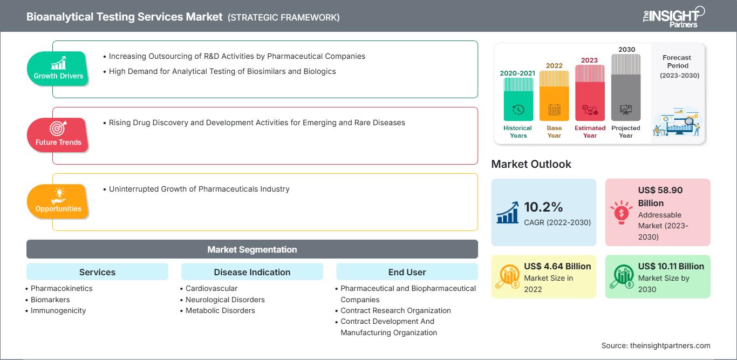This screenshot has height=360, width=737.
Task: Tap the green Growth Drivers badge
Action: [58, 69]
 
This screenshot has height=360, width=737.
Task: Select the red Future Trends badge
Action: [58, 135]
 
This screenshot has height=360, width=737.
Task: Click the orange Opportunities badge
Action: [58, 201]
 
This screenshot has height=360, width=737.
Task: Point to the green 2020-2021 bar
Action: [518, 99]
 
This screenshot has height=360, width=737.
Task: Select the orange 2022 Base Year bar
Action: [554, 96]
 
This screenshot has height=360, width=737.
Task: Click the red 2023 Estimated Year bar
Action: [590, 93]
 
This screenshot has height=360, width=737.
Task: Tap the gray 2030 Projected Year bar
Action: [626, 87]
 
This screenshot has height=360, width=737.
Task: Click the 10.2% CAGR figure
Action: [543, 207]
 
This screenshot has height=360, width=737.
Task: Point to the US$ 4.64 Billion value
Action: [557, 266]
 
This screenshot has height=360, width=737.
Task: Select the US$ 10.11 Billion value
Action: [671, 266]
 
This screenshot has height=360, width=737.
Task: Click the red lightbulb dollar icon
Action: [621, 212]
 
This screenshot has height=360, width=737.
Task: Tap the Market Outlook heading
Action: [531, 164]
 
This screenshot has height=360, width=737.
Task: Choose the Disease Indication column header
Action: [252, 272]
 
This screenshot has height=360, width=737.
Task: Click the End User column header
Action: [407, 272]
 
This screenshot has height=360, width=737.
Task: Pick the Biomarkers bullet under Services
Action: [50, 300]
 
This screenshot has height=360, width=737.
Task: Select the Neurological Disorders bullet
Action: [225, 300]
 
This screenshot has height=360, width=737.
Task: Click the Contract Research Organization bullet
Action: [395, 310]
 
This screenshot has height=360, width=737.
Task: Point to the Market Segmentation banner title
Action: [252, 249]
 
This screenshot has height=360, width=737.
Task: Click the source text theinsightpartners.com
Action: [670, 345]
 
